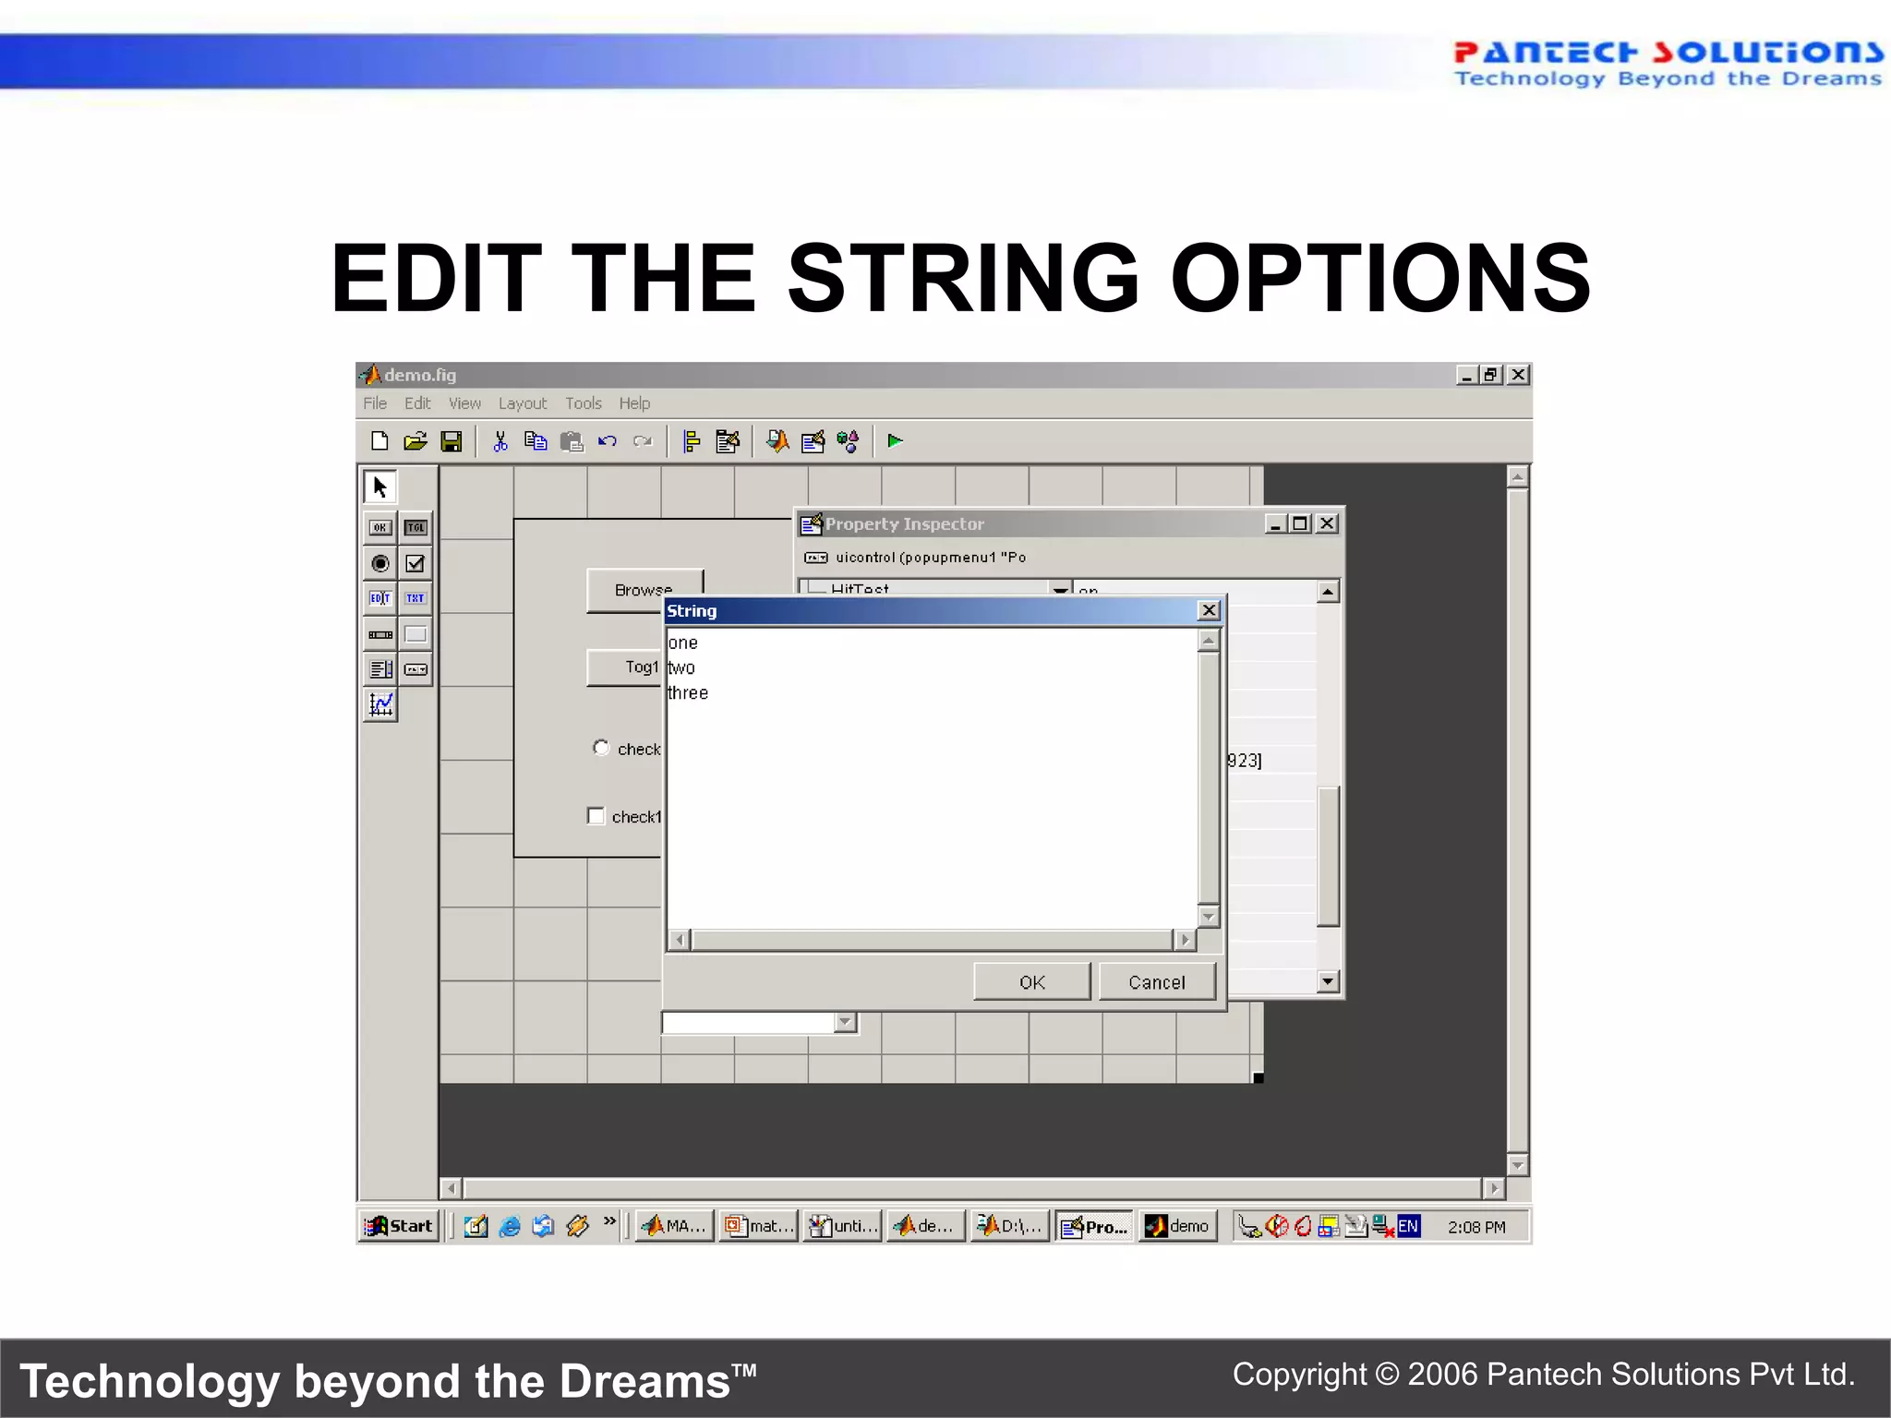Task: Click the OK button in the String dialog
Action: (1031, 982)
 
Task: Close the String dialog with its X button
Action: (1208, 611)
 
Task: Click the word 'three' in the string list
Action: (688, 693)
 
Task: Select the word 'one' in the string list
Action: (683, 643)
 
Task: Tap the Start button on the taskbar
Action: (400, 1226)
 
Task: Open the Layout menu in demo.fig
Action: (522, 403)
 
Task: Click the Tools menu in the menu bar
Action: (583, 403)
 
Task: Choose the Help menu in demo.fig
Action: (634, 403)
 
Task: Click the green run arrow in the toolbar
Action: (895, 441)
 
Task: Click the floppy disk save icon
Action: (452, 441)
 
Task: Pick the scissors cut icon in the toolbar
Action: (500, 441)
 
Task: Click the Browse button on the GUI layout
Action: (644, 589)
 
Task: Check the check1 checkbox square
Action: (596, 816)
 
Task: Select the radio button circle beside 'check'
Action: (601, 748)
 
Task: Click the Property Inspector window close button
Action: (1327, 523)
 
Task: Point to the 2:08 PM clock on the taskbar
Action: (1475, 1227)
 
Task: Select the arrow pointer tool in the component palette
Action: (379, 487)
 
